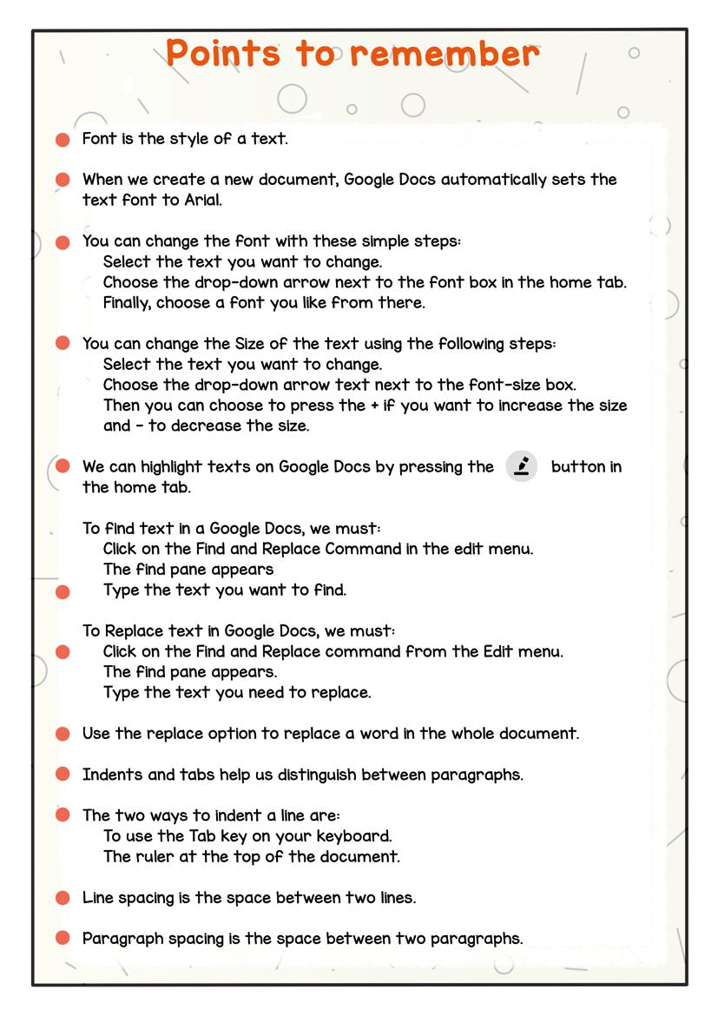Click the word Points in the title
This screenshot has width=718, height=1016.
pos(222,54)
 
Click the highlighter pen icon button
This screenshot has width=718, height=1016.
pos(522,466)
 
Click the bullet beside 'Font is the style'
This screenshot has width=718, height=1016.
pos(63,140)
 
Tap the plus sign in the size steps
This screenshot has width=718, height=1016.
pos(374,406)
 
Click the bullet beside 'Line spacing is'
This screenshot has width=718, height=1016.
pos(63,898)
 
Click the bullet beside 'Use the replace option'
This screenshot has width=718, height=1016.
pos(63,735)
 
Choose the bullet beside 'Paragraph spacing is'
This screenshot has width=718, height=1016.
pos(63,938)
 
